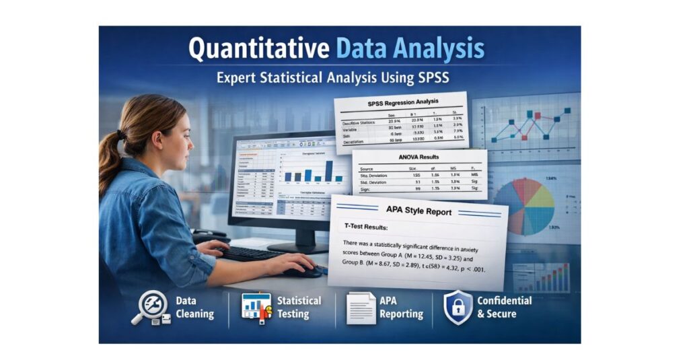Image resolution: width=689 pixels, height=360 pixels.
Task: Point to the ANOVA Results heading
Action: coord(419,158)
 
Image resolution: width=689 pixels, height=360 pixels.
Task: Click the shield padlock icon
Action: coord(458,308)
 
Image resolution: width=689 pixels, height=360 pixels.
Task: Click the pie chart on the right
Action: coord(531,205)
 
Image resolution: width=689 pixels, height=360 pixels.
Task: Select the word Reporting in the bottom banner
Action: coord(401,314)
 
